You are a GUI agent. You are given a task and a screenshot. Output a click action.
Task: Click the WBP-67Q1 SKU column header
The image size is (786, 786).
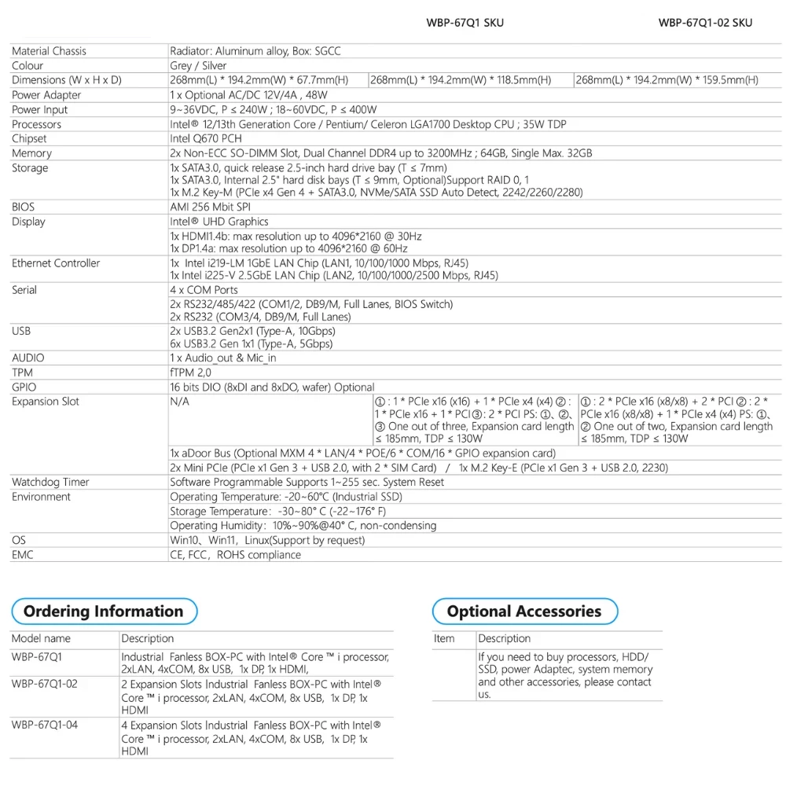click(465, 22)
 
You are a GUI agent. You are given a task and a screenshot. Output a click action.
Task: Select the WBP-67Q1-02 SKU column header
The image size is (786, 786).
click(705, 22)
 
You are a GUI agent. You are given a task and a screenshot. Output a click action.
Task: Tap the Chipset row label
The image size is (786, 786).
click(29, 138)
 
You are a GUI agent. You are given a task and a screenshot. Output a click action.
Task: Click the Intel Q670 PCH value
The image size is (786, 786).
click(206, 138)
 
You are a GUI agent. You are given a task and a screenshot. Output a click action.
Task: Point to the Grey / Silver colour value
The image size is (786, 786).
click(198, 65)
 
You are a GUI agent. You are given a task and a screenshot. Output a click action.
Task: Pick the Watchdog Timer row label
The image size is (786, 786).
click(50, 482)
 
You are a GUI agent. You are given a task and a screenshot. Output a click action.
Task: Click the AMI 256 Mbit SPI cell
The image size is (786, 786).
click(210, 207)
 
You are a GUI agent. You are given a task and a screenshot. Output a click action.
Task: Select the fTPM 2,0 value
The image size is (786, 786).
click(191, 373)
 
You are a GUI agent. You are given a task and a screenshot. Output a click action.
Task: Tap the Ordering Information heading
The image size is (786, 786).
click(103, 612)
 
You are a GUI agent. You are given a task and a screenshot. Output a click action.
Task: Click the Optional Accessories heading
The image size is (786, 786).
click(523, 612)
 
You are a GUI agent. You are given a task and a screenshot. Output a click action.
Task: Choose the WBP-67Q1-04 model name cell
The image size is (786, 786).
click(45, 725)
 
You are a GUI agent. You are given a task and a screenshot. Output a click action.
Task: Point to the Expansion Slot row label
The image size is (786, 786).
click(46, 402)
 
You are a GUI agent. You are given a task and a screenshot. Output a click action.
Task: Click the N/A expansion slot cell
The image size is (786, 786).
click(180, 402)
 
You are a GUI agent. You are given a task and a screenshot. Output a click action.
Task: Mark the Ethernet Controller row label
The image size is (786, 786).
click(56, 263)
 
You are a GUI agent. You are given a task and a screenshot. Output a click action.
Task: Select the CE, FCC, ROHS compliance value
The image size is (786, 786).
click(235, 555)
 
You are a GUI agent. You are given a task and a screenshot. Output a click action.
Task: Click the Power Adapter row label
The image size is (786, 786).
click(46, 95)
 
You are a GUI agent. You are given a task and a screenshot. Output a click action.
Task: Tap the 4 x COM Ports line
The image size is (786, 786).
click(204, 290)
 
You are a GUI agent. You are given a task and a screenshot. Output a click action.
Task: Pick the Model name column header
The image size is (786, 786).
click(41, 638)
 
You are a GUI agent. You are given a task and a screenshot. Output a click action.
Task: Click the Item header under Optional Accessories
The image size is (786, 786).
click(444, 638)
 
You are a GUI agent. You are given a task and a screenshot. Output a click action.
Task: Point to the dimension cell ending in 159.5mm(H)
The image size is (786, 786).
click(667, 80)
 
